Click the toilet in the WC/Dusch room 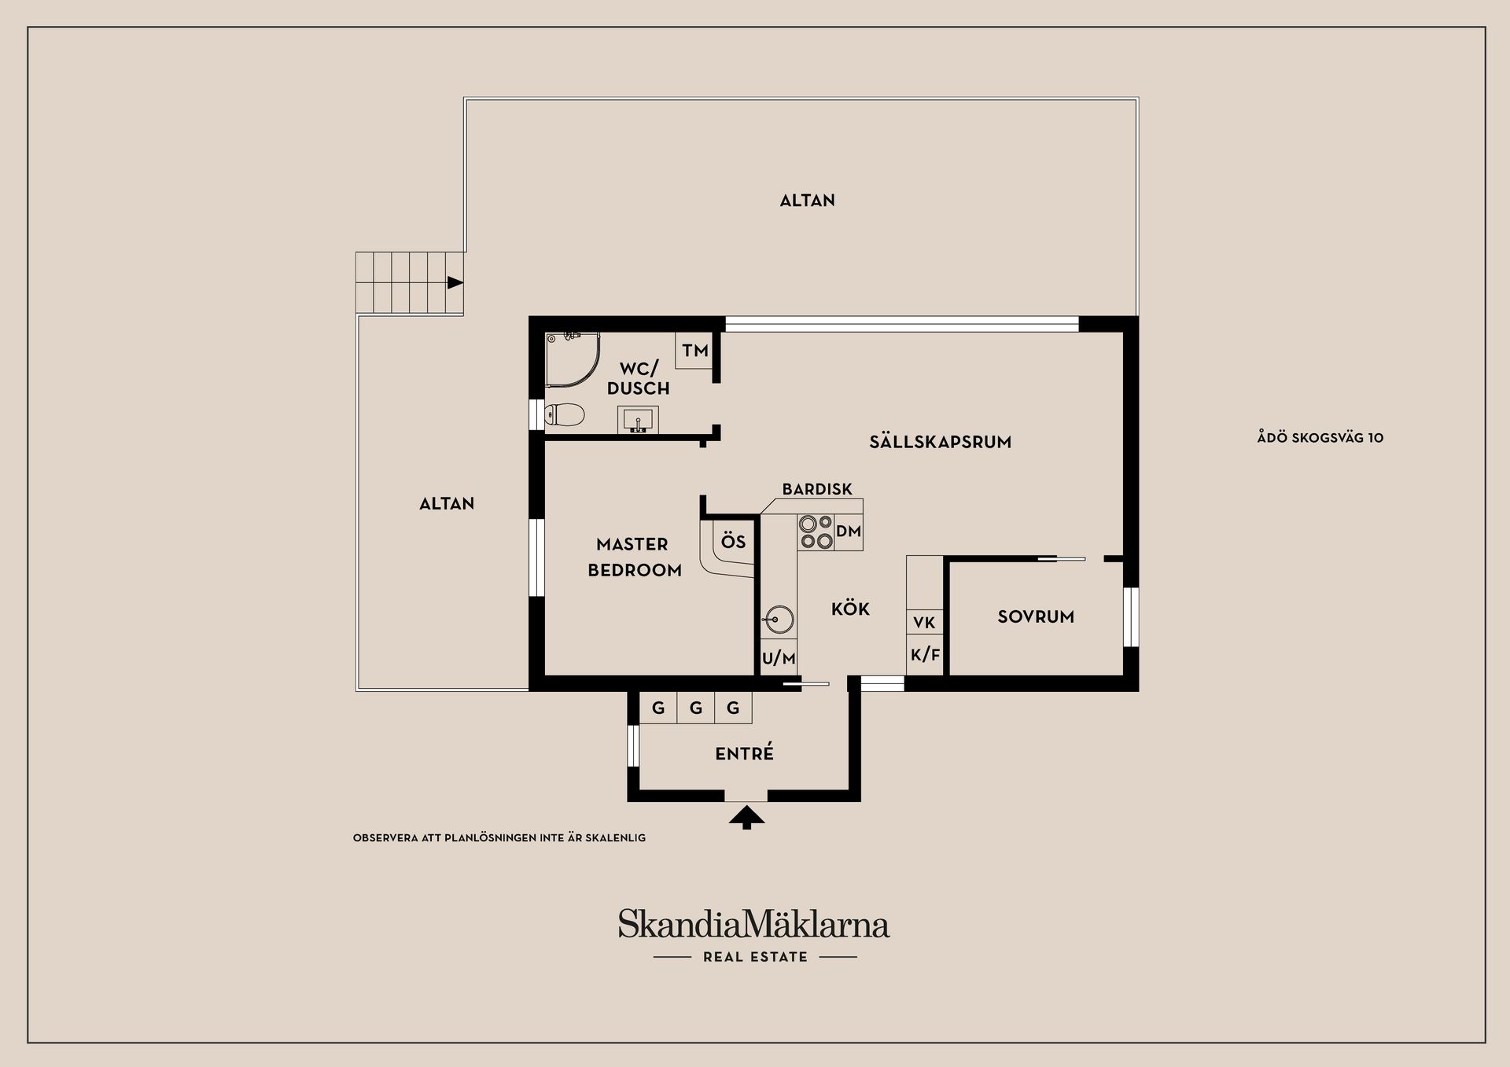565,414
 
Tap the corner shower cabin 573,359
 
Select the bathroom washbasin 638,421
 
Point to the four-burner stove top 816,532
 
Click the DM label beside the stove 849,532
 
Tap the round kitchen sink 775,620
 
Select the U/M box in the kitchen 779,657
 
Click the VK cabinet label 924,623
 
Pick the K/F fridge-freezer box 925,654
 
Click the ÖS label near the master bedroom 733,542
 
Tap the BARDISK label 817,489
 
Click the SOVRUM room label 1036,617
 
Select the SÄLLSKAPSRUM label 941,442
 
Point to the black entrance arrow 746,819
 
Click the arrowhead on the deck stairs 455,282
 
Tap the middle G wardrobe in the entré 695,708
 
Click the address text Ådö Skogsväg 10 1320,438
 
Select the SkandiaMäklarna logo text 753,924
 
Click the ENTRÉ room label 744,753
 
